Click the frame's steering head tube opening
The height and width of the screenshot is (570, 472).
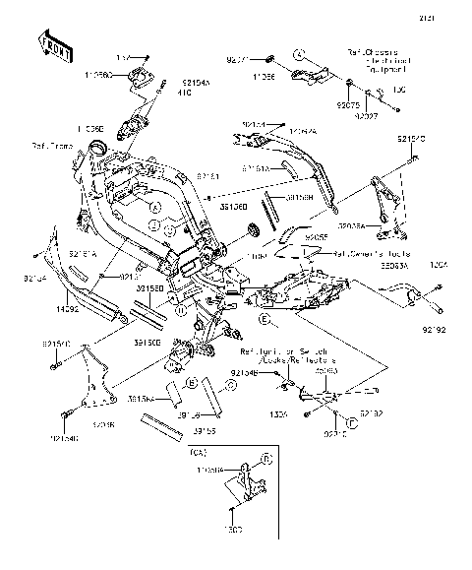pos(96,150)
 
